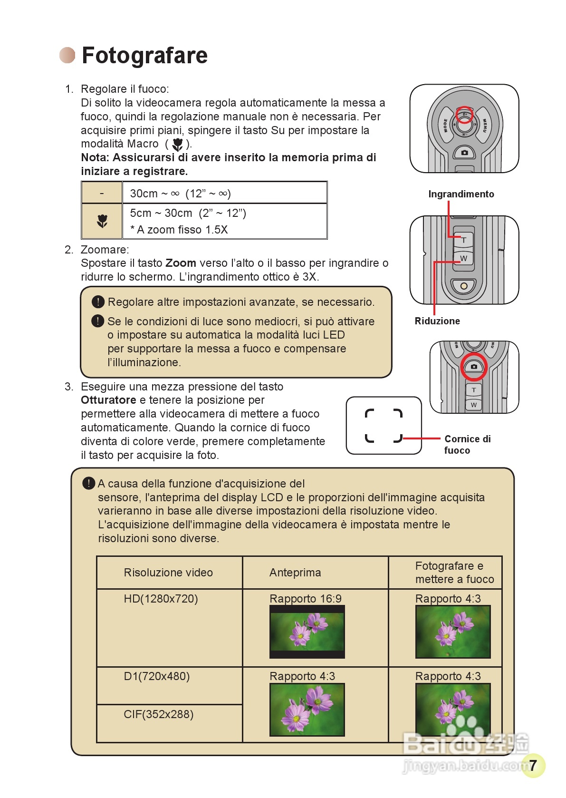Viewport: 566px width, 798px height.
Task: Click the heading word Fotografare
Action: (144, 55)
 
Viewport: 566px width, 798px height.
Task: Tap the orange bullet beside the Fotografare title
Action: (67, 55)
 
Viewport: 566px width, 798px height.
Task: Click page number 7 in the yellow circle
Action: (533, 765)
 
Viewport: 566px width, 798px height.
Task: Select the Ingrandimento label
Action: (461, 194)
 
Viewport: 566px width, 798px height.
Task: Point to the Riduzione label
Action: (437, 321)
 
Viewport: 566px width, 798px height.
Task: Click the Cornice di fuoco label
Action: (467, 444)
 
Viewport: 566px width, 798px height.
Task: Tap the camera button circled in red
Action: (474, 367)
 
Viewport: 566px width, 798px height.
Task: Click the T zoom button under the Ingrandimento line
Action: (464, 240)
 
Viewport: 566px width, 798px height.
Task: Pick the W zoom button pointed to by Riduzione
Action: (464, 258)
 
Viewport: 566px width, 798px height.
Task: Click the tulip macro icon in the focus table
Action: (102, 221)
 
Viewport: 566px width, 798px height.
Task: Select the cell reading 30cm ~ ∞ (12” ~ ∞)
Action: (180, 194)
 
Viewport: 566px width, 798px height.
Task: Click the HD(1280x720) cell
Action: (161, 599)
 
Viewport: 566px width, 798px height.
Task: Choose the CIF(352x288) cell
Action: (158, 714)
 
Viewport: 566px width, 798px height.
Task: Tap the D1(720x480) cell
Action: (156, 676)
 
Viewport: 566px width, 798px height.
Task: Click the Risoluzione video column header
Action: (168, 573)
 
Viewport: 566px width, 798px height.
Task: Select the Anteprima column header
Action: (295, 573)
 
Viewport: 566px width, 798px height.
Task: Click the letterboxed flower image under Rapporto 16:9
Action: (307, 632)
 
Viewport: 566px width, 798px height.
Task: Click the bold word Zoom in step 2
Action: (181, 263)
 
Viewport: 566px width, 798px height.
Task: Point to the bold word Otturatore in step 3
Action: (108, 400)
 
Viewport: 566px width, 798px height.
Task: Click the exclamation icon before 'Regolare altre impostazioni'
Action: (98, 302)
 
